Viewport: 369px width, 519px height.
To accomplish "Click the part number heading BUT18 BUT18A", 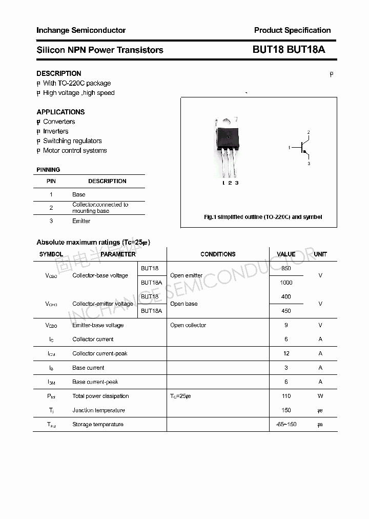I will [289, 50].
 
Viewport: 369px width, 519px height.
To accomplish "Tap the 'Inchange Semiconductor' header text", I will [81, 30].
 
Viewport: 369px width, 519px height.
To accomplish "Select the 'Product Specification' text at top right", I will [292, 30].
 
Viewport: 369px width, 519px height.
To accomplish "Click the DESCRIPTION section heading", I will [59, 73].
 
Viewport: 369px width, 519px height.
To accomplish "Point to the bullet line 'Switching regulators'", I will [72, 141].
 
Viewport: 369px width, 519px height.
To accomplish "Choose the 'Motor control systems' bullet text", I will [75, 151].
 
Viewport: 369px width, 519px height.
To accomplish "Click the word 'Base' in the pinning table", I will [78, 194].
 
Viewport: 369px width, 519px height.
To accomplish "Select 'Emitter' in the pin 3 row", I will [81, 221].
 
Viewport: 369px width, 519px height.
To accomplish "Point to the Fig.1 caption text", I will [263, 217].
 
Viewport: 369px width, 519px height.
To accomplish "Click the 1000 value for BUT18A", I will [286, 283].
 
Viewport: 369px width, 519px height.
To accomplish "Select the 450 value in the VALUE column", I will [286, 311].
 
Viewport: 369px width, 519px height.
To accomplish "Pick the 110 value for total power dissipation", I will [286, 396].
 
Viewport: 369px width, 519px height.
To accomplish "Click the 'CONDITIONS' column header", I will [218, 254].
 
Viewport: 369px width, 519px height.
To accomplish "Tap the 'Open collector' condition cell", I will [188, 325].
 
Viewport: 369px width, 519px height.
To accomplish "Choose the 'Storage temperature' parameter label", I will [98, 425].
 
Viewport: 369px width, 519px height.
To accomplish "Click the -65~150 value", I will [286, 425].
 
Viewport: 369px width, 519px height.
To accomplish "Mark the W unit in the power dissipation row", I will [320, 396].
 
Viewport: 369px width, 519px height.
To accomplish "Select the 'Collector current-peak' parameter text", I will [100, 353].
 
